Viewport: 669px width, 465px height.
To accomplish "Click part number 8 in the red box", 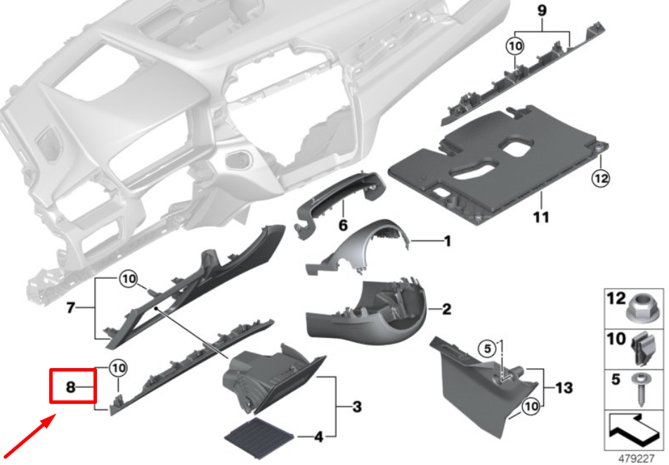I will coord(70,387).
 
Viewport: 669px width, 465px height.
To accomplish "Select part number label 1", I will coord(446,241).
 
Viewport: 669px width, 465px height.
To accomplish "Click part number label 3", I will coord(357,406).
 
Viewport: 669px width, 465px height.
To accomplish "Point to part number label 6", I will coord(343,226).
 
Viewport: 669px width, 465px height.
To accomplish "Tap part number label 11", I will coord(540,217).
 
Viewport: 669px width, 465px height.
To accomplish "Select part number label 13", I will coord(564,387).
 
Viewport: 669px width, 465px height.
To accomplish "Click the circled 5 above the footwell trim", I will coord(486,347).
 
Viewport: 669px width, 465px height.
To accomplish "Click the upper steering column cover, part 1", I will coord(365,246).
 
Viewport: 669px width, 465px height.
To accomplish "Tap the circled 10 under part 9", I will coord(515,46).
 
